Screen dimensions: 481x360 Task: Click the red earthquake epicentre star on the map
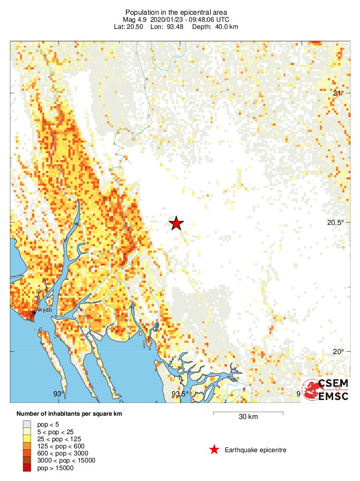(176, 223)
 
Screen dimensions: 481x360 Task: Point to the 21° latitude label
(338, 93)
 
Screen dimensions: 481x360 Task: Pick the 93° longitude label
(58, 394)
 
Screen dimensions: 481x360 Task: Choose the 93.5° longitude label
(180, 394)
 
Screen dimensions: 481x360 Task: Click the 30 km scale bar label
(248, 417)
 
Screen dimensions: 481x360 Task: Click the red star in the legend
(214, 450)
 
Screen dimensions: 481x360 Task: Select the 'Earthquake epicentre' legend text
(255, 450)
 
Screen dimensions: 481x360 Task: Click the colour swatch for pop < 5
(26, 425)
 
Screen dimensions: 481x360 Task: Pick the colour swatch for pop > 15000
(26, 468)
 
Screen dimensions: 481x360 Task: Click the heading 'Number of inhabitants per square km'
(69, 414)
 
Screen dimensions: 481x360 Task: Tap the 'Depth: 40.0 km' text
(215, 27)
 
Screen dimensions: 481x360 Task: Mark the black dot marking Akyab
(34, 312)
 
